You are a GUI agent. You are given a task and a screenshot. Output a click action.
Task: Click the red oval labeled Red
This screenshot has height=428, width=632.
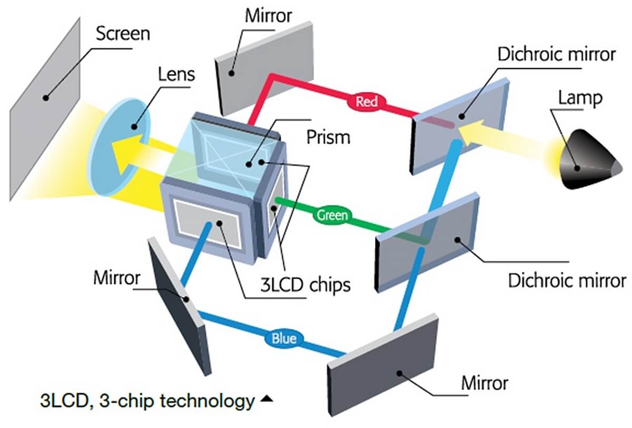pyautogui.click(x=367, y=101)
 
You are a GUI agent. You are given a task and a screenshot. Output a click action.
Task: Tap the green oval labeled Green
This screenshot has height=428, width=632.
pyautogui.click(x=332, y=215)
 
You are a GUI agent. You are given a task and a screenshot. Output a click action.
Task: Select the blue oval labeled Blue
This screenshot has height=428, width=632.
pyautogui.click(x=283, y=338)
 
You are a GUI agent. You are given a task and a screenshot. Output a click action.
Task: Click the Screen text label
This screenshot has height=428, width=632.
pyautogui.click(x=123, y=35)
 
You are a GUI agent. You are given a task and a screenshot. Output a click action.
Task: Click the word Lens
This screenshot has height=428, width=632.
pyautogui.click(x=176, y=74)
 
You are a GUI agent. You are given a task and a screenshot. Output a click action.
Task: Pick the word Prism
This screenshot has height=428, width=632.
pyautogui.click(x=328, y=138)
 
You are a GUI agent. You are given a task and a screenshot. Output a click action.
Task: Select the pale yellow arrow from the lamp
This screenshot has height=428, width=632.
pyautogui.click(x=506, y=134)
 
